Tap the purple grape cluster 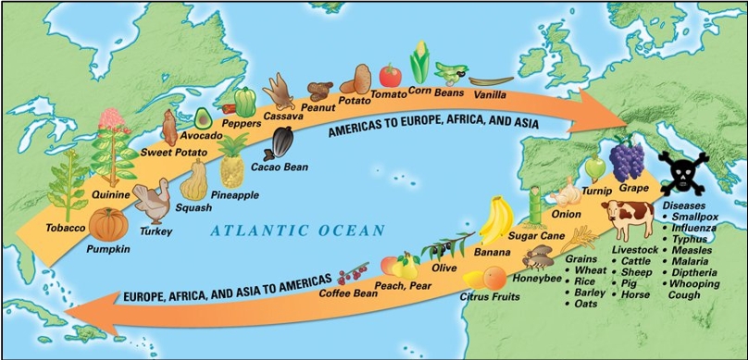pos(628,160)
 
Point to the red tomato pos(390,76)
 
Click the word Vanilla pos(488,93)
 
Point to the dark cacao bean pos(283,143)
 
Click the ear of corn pos(419,63)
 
